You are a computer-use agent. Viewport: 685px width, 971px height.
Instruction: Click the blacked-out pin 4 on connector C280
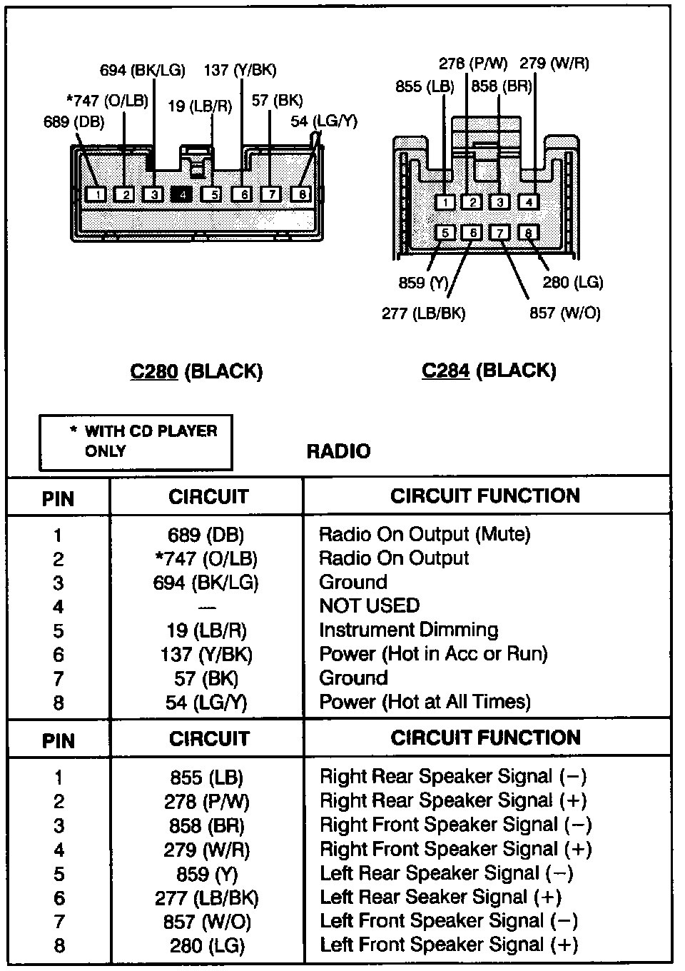tap(182, 194)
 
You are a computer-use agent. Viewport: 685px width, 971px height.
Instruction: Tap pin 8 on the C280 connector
tap(301, 194)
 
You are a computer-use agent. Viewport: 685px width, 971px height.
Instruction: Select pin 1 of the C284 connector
tap(445, 202)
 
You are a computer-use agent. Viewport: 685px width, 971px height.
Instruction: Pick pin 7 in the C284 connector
tap(500, 233)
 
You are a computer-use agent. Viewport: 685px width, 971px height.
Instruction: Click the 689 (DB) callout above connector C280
tap(73, 122)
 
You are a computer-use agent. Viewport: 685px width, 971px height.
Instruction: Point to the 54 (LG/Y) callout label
tap(324, 121)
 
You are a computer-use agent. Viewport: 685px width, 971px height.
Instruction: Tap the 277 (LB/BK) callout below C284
tap(423, 313)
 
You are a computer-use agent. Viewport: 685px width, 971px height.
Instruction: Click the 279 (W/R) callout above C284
tap(554, 63)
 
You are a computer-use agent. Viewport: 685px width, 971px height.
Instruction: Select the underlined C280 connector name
tap(154, 371)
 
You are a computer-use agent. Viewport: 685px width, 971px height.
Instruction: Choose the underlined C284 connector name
tap(446, 371)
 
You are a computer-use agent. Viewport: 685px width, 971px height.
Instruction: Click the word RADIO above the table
tap(338, 451)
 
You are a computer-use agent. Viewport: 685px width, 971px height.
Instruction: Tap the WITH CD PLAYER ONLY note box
tap(136, 442)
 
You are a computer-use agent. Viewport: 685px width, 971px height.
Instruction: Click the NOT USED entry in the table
tap(369, 606)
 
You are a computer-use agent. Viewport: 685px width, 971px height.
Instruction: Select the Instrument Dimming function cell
tap(408, 630)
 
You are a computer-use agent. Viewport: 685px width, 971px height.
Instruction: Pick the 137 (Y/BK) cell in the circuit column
tap(206, 655)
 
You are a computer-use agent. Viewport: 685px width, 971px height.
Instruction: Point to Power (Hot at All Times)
tap(425, 703)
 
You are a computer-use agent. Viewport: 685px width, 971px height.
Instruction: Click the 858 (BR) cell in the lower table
tap(207, 826)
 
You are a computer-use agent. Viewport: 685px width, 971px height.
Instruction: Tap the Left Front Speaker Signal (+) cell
tap(448, 945)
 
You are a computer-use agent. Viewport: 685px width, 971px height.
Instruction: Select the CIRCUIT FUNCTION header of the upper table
tap(485, 496)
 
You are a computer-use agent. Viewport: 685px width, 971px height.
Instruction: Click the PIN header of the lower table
tap(58, 740)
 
